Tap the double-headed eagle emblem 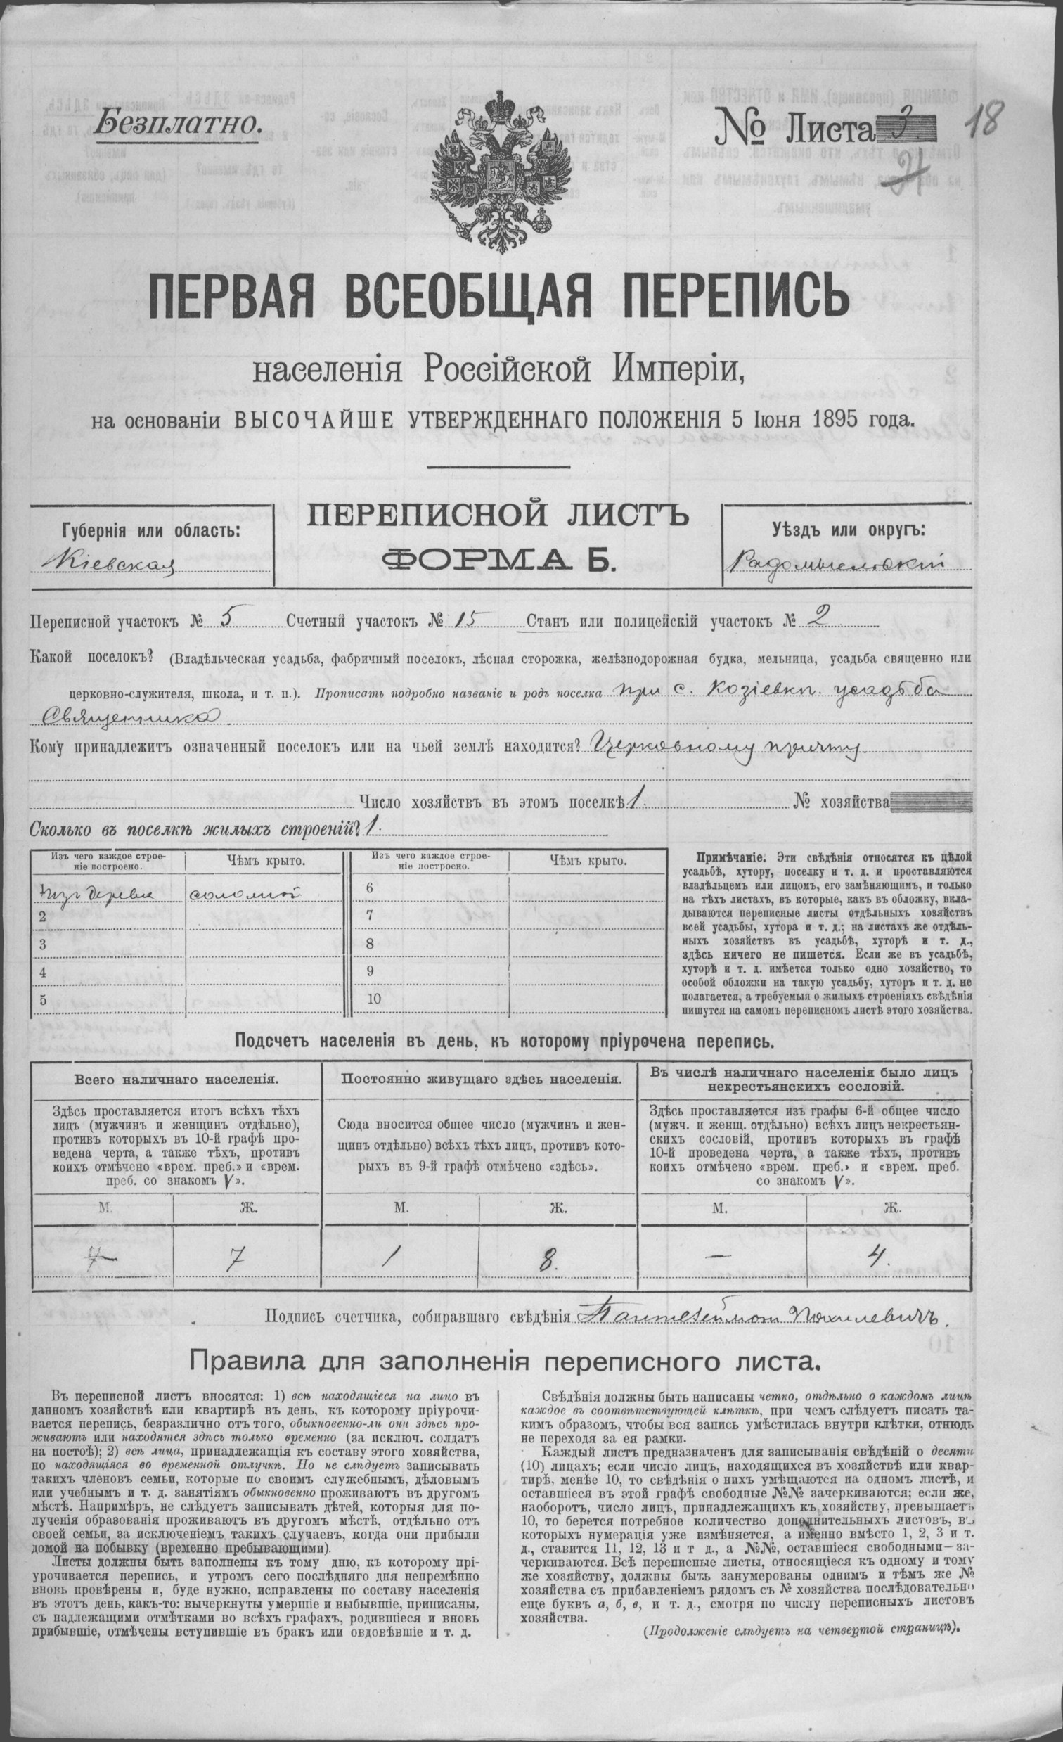pyautogui.click(x=495, y=169)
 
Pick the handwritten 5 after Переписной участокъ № pyautogui.click(x=227, y=619)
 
